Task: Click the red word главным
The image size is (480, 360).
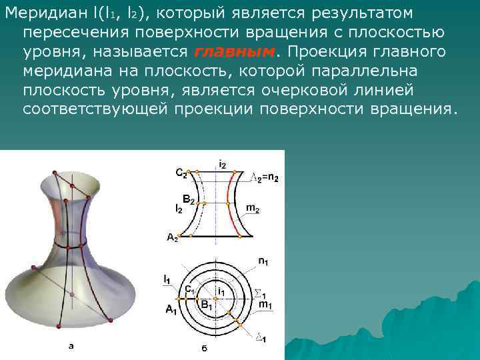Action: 235,53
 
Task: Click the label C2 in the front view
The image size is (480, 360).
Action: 181,172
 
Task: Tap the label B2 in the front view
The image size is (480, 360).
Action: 189,200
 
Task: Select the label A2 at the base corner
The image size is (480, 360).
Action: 172,237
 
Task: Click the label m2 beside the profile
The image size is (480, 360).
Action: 253,209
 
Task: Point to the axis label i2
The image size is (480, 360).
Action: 222,163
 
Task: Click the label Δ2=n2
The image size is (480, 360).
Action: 264,177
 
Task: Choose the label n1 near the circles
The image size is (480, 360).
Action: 264,260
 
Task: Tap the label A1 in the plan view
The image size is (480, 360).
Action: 171,309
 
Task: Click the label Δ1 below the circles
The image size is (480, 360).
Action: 261,339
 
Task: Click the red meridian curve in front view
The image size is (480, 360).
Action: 231,200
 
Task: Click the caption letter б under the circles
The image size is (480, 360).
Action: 204,347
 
